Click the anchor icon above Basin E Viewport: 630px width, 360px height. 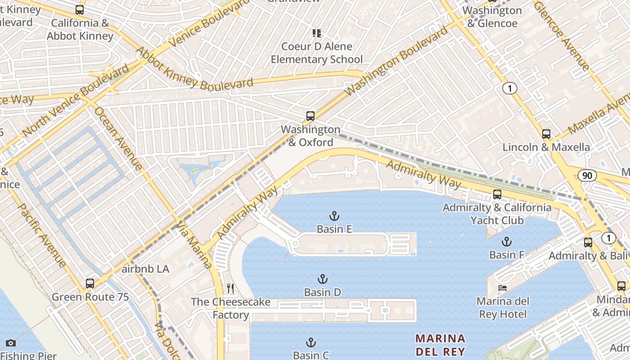[x=334, y=216]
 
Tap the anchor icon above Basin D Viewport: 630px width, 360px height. [x=322, y=279]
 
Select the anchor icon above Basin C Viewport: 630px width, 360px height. [x=310, y=342]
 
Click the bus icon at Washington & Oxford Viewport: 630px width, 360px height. [x=310, y=116]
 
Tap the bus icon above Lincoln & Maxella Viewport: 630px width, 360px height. [x=546, y=134]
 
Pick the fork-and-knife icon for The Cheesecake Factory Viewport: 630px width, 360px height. [x=230, y=288]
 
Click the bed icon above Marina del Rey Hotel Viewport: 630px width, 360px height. [x=502, y=288]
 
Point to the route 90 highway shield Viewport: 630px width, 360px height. [x=587, y=175]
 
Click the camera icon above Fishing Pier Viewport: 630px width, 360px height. [x=11, y=343]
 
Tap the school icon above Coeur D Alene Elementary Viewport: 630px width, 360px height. [x=317, y=33]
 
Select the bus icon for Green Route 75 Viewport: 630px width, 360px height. [x=90, y=283]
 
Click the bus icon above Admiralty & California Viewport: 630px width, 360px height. [x=497, y=194]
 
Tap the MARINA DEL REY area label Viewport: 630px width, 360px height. [x=440, y=345]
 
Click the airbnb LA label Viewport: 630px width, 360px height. [x=145, y=269]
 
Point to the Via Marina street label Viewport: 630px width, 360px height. [x=194, y=244]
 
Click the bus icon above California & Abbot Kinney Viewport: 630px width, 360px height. [x=80, y=9]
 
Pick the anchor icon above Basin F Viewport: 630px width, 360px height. [x=507, y=242]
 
